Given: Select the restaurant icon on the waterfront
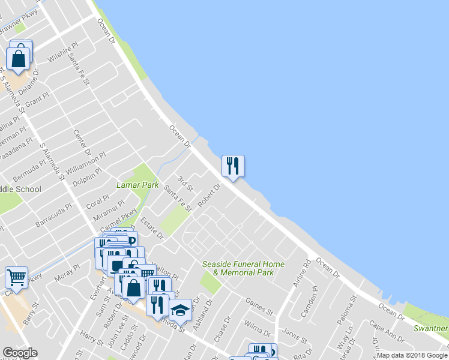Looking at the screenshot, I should (233, 165).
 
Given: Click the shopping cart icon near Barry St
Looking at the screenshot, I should (17, 277).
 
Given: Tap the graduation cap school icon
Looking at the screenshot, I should (179, 310).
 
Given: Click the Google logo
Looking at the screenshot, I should (20, 353).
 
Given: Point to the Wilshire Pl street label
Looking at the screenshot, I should (62, 53).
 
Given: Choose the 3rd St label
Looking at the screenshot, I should (186, 183).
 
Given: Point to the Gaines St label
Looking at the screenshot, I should (259, 306).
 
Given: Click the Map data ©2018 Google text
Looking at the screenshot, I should (412, 355).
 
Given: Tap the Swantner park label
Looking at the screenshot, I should (430, 328).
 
